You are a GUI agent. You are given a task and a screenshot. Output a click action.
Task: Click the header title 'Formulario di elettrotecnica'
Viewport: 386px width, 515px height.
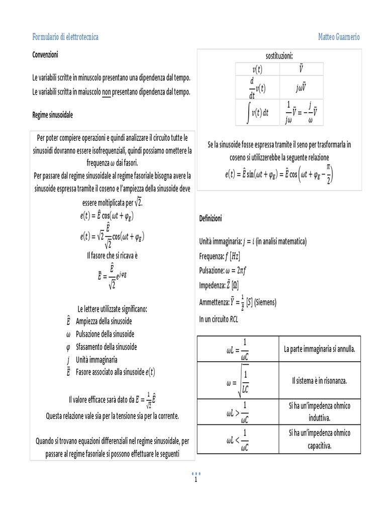(65, 37)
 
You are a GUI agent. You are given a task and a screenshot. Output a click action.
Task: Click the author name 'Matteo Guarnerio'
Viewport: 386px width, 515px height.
(339, 37)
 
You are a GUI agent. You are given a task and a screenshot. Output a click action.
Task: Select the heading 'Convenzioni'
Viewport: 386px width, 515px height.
(45, 54)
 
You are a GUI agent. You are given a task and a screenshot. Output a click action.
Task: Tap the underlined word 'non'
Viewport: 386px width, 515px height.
(106, 92)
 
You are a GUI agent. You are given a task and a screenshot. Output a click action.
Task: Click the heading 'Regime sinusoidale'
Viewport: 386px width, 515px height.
(52, 115)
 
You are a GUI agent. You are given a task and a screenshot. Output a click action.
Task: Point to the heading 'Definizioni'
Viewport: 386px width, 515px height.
(210, 219)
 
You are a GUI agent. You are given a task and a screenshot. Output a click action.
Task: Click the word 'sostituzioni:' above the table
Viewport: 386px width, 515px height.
(279, 55)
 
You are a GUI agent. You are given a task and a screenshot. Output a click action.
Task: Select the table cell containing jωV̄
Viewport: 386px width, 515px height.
(301, 87)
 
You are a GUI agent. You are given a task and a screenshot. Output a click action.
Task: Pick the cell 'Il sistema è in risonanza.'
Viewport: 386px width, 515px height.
(319, 380)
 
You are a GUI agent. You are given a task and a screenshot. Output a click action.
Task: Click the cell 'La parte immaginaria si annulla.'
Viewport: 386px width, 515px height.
(319, 349)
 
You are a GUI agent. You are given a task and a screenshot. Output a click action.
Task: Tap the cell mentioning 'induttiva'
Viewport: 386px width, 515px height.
(319, 411)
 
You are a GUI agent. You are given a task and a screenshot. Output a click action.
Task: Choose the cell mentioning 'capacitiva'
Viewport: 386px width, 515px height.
(319, 439)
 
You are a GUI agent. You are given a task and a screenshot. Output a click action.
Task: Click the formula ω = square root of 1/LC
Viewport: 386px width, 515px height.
(237, 381)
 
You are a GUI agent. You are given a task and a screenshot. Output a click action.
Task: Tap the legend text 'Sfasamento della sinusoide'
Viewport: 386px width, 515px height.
(106, 347)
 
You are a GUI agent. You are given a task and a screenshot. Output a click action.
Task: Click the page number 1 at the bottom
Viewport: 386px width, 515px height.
(195, 479)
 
